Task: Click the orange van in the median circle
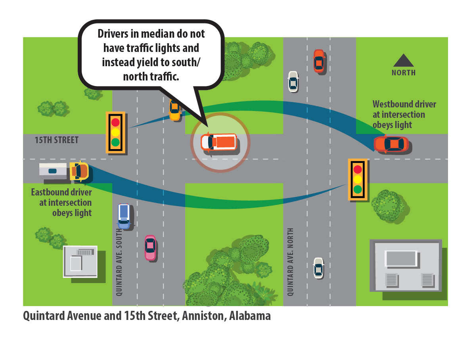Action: click(x=219, y=142)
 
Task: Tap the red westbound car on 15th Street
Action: click(x=391, y=144)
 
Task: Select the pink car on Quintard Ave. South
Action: click(x=150, y=247)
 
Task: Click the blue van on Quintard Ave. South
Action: click(x=124, y=216)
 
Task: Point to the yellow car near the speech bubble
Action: click(x=174, y=110)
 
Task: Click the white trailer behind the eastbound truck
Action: click(x=53, y=170)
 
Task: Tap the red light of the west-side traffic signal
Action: click(x=115, y=122)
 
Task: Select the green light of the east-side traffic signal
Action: click(x=358, y=189)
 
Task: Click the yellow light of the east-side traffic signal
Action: click(x=358, y=179)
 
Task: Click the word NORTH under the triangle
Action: click(x=404, y=73)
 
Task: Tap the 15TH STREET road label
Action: click(x=56, y=140)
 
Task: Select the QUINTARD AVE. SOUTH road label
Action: click(x=118, y=262)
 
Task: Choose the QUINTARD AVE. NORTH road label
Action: click(x=290, y=262)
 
